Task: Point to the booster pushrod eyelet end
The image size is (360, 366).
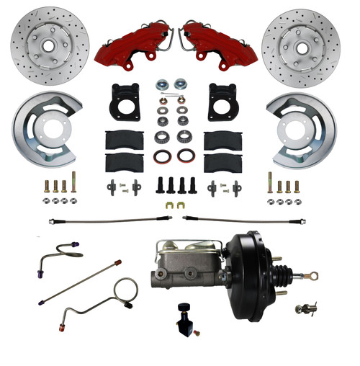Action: click(315, 274)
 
